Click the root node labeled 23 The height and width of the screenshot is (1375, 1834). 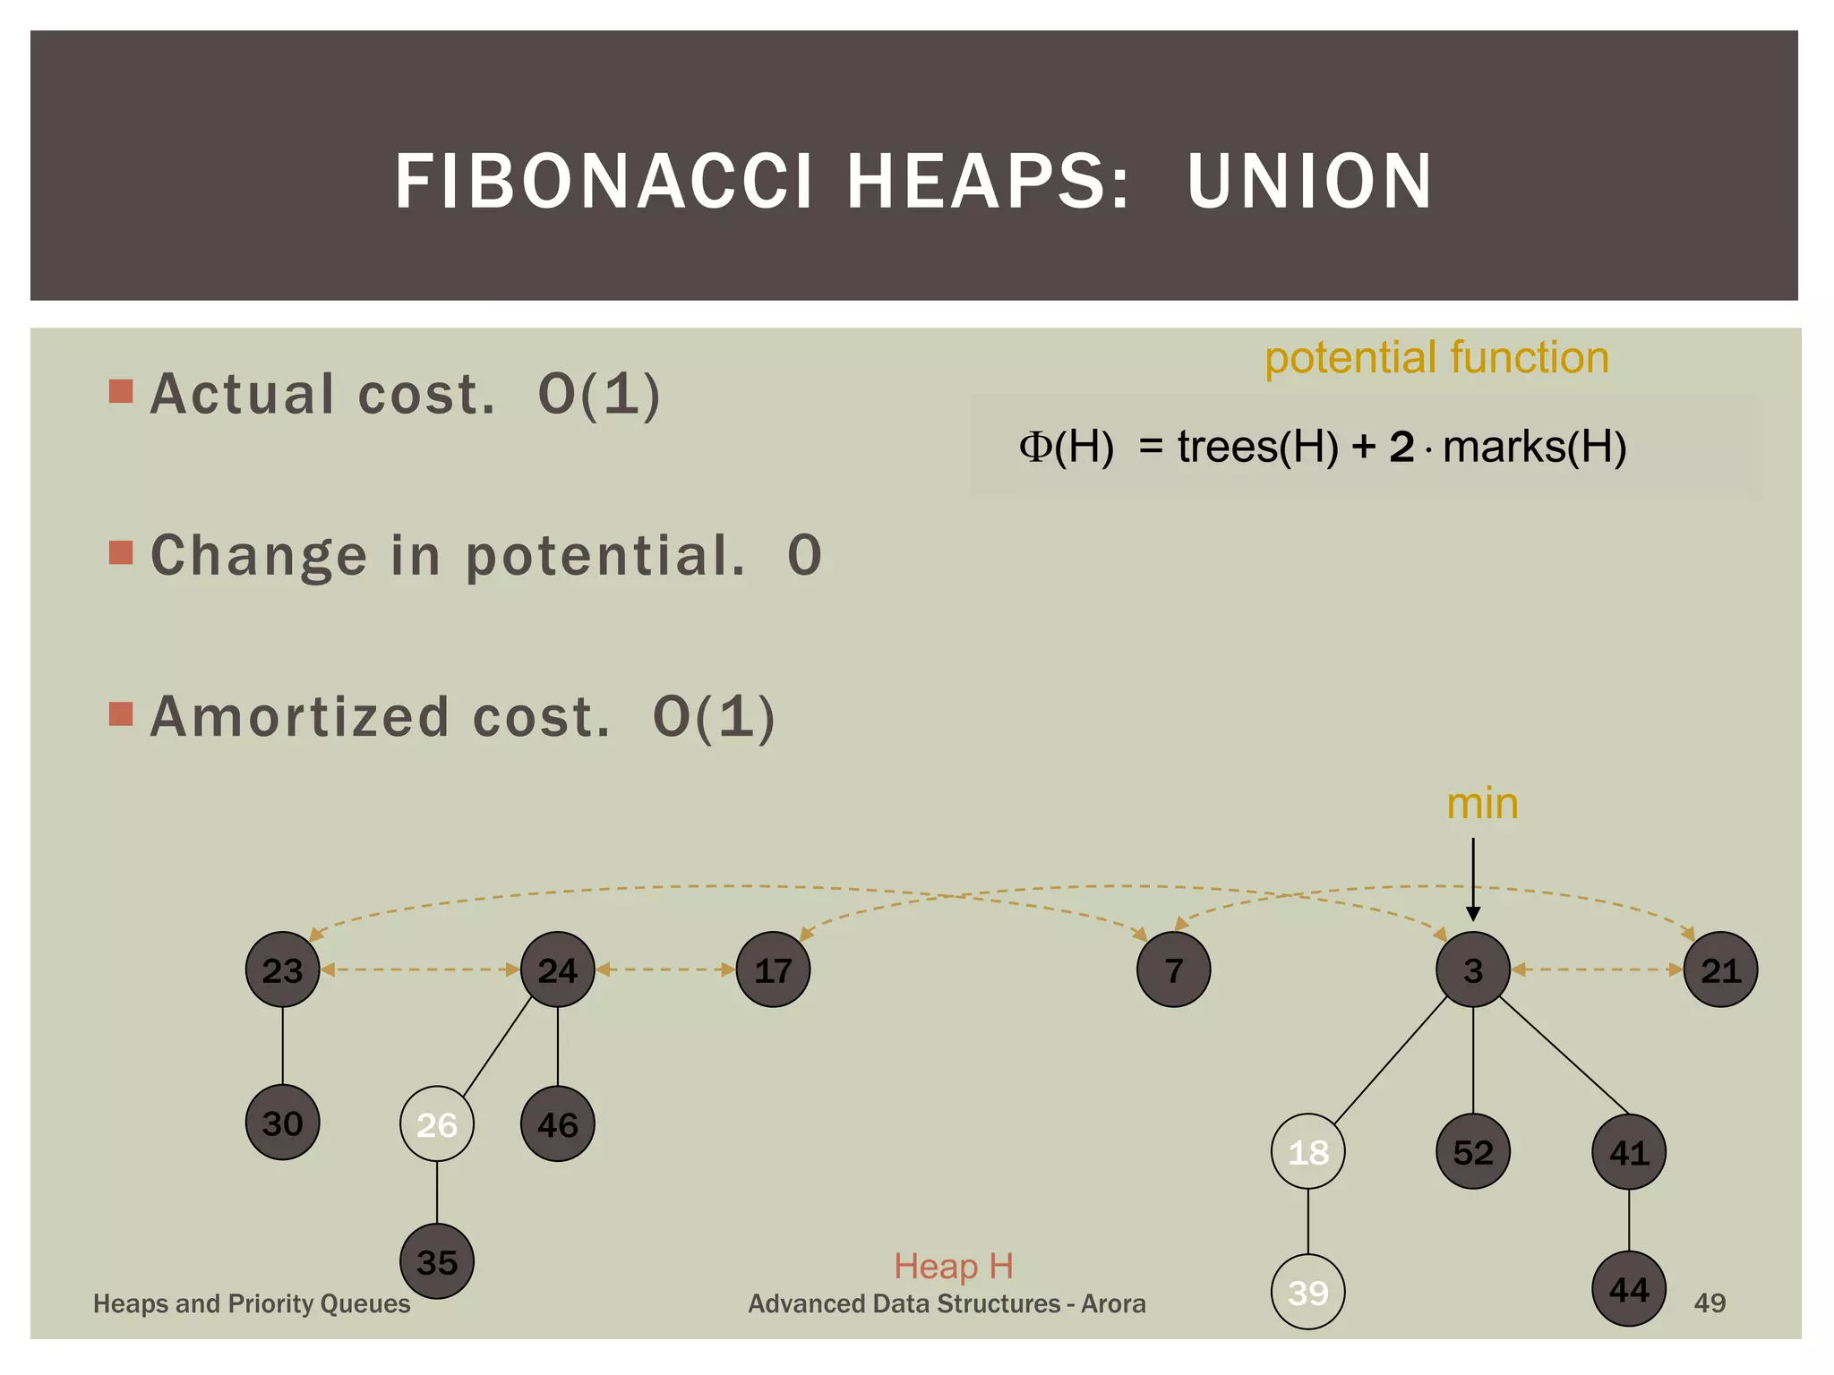[x=282, y=969]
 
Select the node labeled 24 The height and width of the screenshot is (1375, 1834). [x=557, y=969]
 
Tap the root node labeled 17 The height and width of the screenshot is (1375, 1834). [x=773, y=969]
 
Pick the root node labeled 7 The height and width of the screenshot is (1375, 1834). [x=1173, y=969]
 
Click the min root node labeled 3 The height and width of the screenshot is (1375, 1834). [x=1472, y=969]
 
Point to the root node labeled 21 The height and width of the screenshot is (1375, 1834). [x=1720, y=969]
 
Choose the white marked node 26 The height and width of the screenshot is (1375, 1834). [x=436, y=1124]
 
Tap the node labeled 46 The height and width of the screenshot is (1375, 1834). [x=557, y=1124]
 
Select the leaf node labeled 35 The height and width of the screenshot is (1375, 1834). [x=436, y=1261]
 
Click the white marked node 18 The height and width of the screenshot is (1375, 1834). [x=1307, y=1152]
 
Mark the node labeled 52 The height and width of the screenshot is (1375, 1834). [x=1472, y=1152]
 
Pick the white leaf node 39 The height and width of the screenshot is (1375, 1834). [x=1307, y=1292]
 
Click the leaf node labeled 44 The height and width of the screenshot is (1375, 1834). [x=1628, y=1289]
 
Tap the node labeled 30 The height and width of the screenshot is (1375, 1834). [x=282, y=1123]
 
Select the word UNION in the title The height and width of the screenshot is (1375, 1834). [x=1309, y=182]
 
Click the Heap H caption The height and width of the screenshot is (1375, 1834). [x=953, y=1266]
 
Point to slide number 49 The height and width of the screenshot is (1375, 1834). [x=1709, y=1302]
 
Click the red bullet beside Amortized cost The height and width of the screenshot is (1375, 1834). [x=121, y=713]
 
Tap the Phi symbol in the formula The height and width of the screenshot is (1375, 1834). [x=1034, y=446]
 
